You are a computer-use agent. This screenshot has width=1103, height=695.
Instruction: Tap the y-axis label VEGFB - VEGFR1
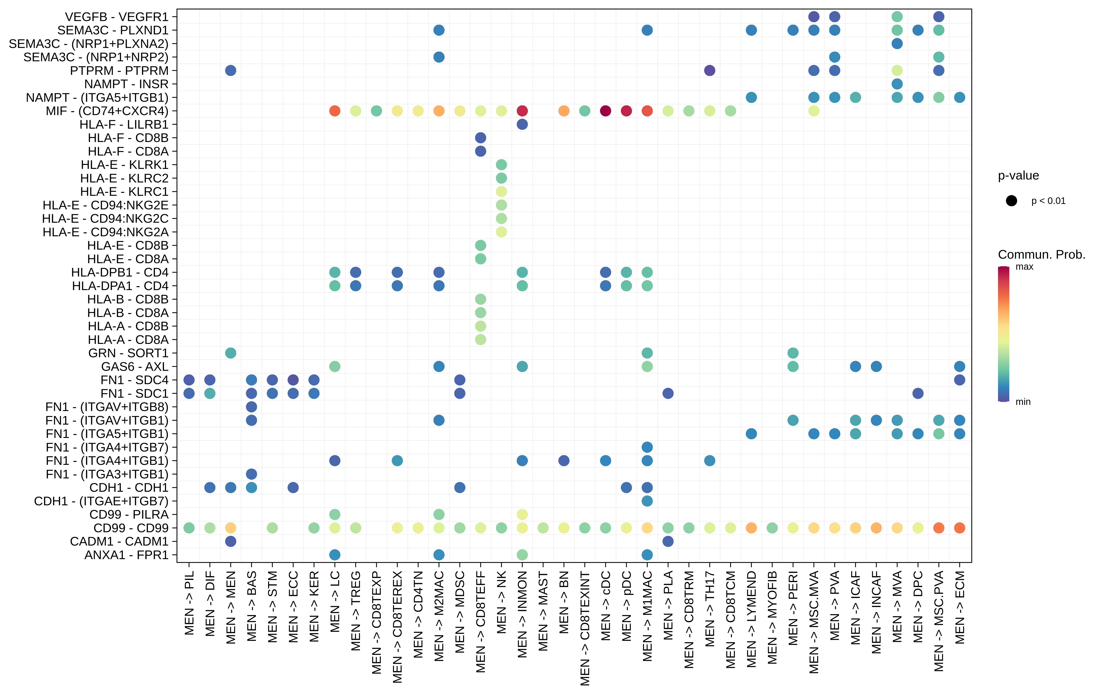tap(117, 17)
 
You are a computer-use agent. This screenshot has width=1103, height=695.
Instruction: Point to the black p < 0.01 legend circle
tap(1011, 201)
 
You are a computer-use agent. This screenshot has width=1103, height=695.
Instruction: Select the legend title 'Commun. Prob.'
tap(1041, 255)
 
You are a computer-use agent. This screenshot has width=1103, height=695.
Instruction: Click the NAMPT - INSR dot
tap(897, 84)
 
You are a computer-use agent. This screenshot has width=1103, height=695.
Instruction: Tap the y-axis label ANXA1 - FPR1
tap(126, 555)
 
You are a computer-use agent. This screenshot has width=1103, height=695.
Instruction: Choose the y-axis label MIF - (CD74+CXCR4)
tap(107, 111)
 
